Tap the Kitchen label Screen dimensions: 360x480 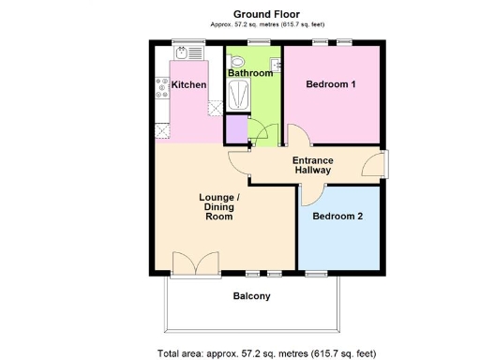click(188, 85)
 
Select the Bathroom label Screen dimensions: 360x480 click(250, 73)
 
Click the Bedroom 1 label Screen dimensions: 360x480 click(331, 84)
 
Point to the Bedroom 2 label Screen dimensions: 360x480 click(337, 216)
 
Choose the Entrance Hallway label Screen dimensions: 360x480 click(313, 165)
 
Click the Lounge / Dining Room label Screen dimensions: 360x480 click(218, 207)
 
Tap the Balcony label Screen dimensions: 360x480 click(251, 296)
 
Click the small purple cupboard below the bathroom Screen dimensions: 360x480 click(235, 127)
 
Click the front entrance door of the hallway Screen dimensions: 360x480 click(376, 165)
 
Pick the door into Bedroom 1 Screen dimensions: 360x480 click(296, 137)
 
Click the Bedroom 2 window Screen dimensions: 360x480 click(317, 275)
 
